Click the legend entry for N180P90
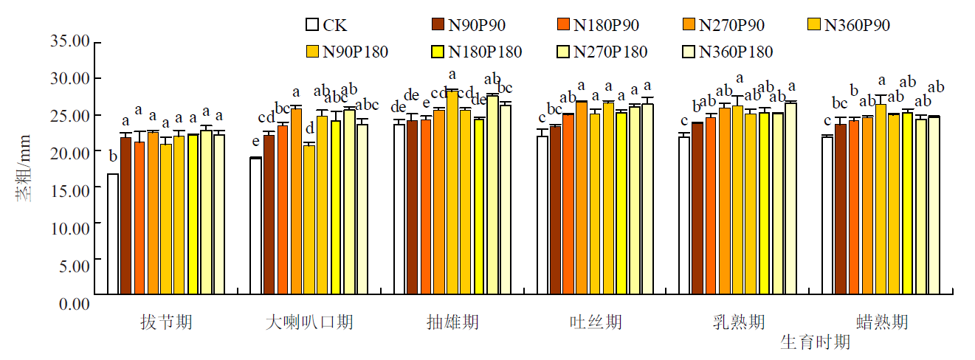click(x=597, y=24)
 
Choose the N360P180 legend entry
click(x=727, y=52)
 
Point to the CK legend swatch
click(x=311, y=24)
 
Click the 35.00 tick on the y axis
click(x=70, y=41)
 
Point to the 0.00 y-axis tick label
click(x=73, y=303)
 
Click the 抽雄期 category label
click(x=452, y=322)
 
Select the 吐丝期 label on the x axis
click(x=596, y=322)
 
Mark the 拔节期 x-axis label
click(x=166, y=322)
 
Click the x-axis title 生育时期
click(x=815, y=342)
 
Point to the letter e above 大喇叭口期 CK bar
click(x=255, y=142)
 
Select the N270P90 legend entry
click(x=723, y=24)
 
